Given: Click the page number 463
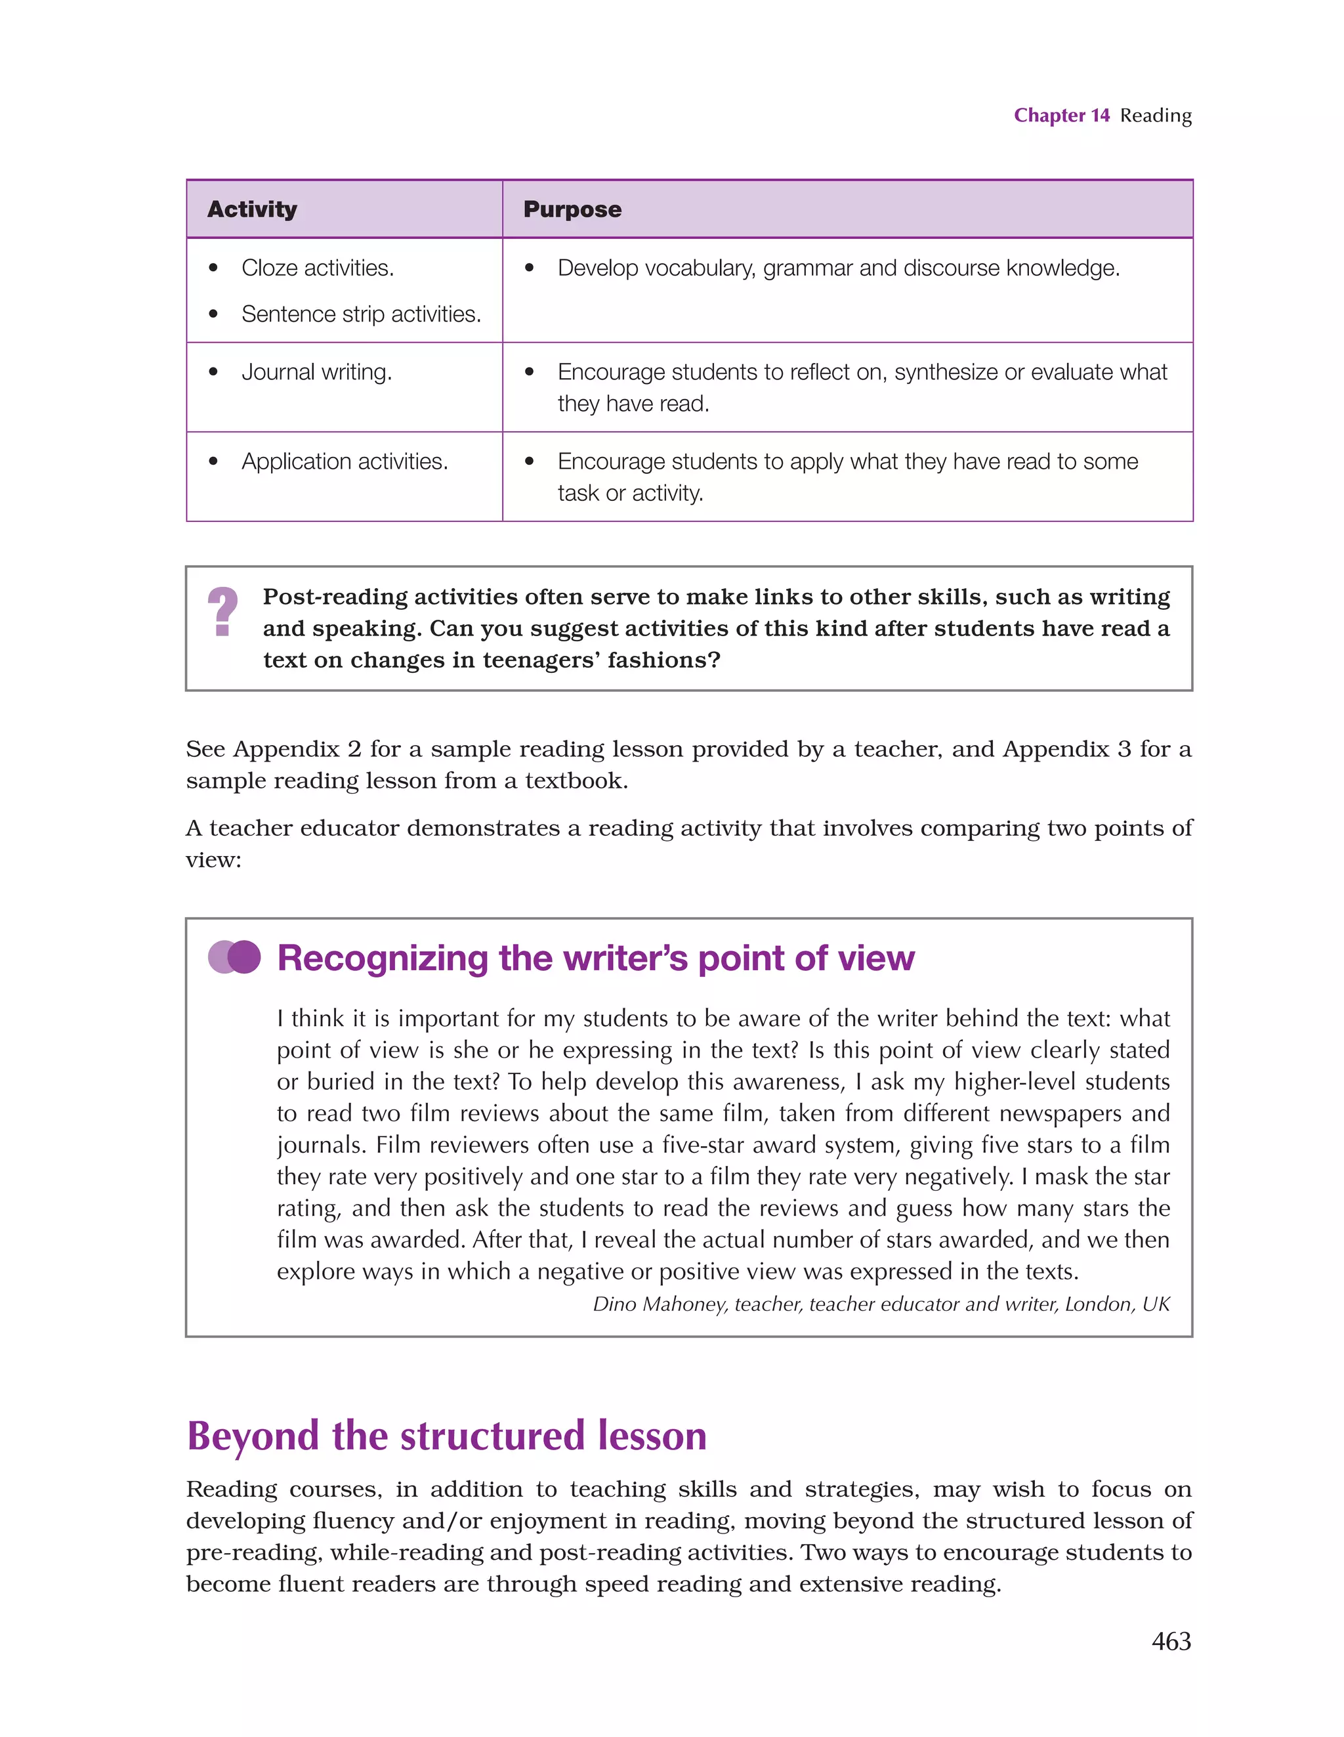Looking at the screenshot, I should tap(1171, 1640).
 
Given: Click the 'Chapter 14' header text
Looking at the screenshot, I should tap(1061, 116).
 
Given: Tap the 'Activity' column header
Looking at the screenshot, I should tap(252, 209).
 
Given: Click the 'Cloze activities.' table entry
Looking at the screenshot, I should tap(318, 268).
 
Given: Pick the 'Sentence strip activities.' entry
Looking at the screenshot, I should tap(361, 314).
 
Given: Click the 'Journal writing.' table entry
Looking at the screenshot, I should tap(316, 372).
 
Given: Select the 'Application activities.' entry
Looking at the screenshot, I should tap(345, 461).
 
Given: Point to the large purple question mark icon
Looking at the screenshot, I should tap(222, 612).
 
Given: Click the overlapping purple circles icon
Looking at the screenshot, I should tap(234, 956).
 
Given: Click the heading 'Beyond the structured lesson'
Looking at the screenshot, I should tap(446, 1436).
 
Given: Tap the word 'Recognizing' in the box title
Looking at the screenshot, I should tap(382, 958).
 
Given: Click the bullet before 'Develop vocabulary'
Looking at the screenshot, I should tap(529, 268).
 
